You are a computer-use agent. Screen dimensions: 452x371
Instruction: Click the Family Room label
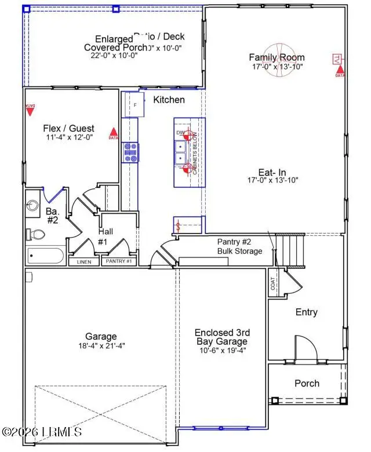point(277,57)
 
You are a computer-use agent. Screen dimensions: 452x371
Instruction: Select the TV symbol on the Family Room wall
point(335,59)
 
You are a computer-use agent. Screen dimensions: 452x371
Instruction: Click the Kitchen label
point(169,100)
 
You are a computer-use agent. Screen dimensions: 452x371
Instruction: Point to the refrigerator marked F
point(134,105)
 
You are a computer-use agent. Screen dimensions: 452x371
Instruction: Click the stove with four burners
point(130,152)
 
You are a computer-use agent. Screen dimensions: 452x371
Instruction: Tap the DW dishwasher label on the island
point(180,133)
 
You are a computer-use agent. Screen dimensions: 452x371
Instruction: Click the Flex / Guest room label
point(68,128)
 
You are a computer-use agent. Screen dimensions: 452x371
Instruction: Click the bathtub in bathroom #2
point(46,256)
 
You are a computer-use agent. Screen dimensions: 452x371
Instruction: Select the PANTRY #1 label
point(119,262)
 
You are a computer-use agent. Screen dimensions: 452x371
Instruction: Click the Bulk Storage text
point(239,251)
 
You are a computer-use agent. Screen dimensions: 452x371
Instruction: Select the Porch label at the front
point(307,383)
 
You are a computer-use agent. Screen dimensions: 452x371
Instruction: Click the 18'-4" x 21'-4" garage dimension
point(100,346)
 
